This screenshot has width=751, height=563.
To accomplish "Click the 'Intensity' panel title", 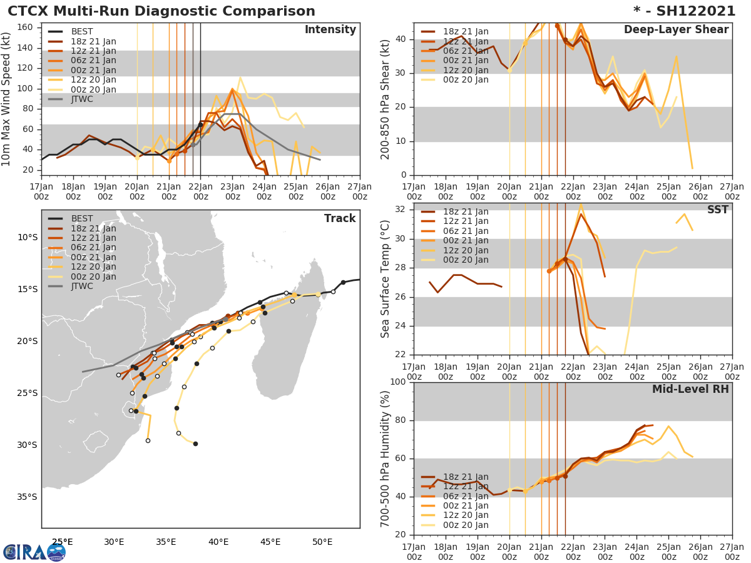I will click(330, 30).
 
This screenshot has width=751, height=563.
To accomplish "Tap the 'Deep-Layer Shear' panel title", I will click(676, 30).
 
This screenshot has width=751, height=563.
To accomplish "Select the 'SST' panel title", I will click(718, 210).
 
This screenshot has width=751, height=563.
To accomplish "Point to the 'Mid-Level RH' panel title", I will click(690, 389).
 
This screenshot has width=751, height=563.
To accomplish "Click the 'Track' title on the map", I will click(340, 218).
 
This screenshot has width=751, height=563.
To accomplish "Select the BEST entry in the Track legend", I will click(82, 219).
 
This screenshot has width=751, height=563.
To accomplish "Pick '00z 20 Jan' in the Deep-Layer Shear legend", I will click(466, 79).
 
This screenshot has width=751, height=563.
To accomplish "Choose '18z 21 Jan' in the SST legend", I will click(466, 212).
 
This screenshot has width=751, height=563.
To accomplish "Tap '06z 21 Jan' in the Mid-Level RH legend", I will click(466, 496).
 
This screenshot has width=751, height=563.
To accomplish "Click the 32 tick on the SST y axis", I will click(401, 210).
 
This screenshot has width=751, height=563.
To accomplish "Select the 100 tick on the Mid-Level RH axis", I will click(397, 382).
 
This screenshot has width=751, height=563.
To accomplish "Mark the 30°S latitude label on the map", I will click(28, 445).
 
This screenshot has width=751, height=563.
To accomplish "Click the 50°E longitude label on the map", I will click(322, 542).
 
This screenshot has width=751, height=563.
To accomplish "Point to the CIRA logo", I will click(34, 552).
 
